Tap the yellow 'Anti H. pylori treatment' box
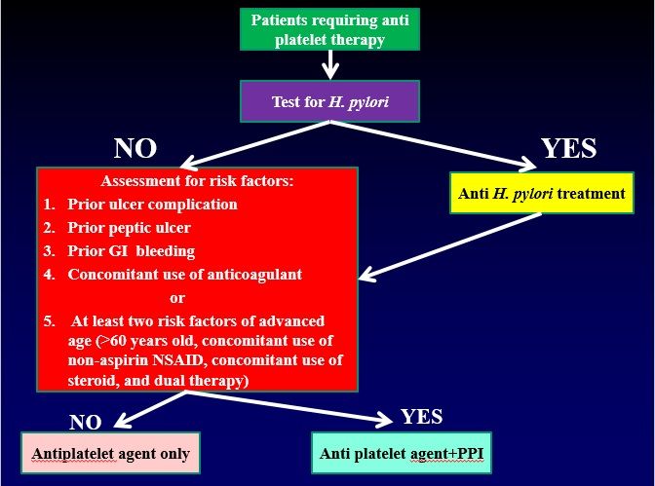(541, 193)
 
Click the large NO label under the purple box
(135, 148)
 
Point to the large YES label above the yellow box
(568, 148)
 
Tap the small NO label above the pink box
(87, 421)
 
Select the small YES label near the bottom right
(421, 417)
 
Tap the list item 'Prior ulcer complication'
(151, 205)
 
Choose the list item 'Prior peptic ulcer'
(129, 228)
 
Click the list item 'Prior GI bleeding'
(132, 251)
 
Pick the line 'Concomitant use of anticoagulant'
(184, 275)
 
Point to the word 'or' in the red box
(177, 297)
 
